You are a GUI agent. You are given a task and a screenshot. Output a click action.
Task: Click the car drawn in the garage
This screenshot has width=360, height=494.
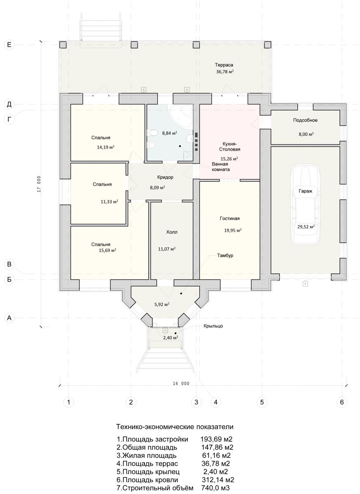point(306,205)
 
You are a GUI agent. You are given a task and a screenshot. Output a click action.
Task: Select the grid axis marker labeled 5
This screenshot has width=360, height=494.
point(262,402)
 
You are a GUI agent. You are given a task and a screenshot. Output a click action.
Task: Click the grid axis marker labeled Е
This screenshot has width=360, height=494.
point(9,45)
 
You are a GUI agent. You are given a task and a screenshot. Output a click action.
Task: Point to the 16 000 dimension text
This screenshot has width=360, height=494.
point(181,384)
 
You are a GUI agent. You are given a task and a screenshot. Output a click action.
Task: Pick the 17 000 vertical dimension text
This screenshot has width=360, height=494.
point(39,184)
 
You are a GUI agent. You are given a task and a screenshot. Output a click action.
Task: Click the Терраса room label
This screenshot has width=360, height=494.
point(224,65)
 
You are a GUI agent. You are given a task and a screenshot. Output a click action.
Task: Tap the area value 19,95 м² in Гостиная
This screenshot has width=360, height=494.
point(233,230)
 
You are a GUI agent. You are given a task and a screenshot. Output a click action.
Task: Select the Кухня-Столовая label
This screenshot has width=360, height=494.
point(229,147)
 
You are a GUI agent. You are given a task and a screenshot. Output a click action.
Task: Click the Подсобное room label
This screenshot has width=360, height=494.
point(305,120)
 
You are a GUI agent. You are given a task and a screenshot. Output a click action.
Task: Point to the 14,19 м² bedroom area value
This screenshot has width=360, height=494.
point(105,147)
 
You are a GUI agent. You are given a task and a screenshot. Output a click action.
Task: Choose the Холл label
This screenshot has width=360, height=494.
point(172,232)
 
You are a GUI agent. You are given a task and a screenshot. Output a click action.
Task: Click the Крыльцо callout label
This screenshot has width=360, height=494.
point(213,326)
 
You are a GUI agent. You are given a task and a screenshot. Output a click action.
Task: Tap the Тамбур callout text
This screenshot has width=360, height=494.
point(225,256)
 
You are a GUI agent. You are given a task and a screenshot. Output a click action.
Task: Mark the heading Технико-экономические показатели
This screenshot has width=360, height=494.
point(175,427)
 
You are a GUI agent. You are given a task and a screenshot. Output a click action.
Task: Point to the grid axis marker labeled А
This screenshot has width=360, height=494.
point(9,318)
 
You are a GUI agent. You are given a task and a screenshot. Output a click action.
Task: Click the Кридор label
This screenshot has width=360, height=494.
point(165,177)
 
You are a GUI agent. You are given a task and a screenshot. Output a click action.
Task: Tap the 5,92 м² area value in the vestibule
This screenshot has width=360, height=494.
point(162,304)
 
